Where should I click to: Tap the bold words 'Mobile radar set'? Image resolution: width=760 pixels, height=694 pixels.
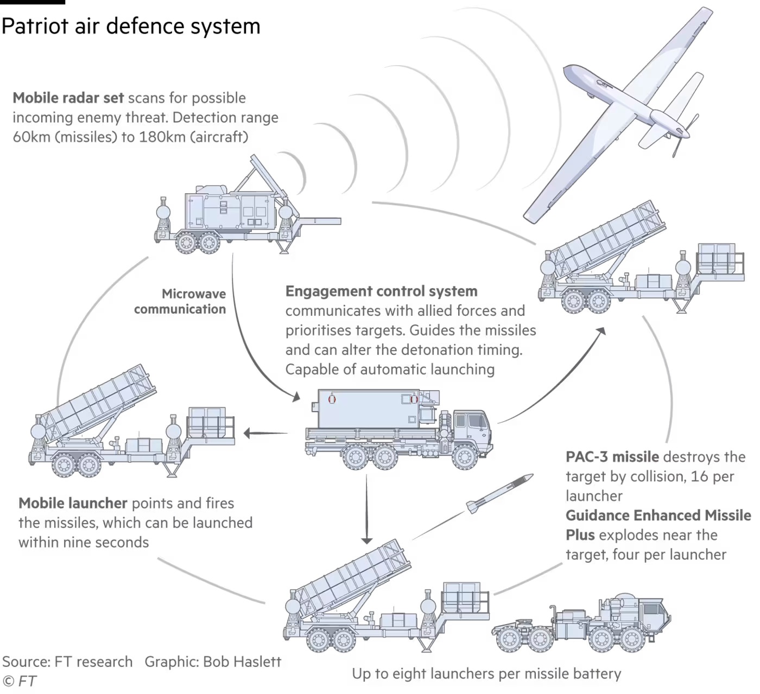click(x=68, y=98)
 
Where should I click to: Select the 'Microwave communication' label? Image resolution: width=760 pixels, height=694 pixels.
click(x=180, y=301)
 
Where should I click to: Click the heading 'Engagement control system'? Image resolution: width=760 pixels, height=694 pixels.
click(x=381, y=291)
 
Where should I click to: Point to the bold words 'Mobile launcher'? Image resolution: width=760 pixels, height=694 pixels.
click(x=73, y=503)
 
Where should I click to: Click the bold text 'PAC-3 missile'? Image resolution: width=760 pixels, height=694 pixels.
click(x=612, y=456)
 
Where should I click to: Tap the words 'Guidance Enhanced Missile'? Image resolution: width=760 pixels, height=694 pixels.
click(x=658, y=515)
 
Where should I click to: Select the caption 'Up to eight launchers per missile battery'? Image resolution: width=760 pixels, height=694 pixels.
click(x=486, y=673)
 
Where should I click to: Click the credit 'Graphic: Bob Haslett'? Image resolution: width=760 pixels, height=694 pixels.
click(x=213, y=661)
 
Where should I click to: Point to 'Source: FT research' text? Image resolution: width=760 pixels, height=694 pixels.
click(x=67, y=661)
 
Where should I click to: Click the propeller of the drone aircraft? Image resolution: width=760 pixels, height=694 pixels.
click(x=685, y=135)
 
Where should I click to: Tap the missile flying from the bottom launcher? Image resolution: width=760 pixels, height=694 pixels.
click(x=499, y=493)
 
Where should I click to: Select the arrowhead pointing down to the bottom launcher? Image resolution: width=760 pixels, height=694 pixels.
click(x=367, y=540)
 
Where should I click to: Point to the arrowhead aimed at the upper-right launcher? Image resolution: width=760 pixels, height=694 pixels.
click(x=600, y=332)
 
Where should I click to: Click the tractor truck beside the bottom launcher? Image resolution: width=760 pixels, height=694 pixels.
click(x=581, y=622)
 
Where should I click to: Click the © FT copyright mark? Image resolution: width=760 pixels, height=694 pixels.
click(x=19, y=681)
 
